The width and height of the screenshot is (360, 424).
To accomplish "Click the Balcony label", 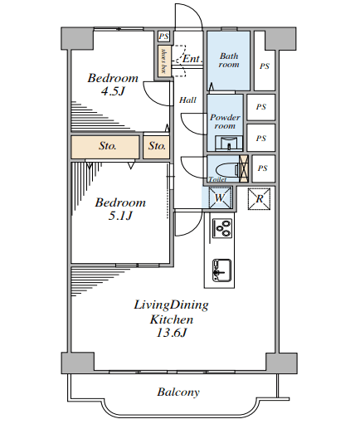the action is click(x=178, y=392).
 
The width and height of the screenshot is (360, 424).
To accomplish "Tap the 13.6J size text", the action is click(x=172, y=333).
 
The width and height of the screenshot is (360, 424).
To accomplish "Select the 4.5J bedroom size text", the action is click(x=113, y=91).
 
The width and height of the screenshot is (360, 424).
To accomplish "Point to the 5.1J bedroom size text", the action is click(x=120, y=216).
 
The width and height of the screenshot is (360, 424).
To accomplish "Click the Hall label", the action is click(x=187, y=100).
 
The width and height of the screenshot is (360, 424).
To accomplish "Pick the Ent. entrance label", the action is click(x=192, y=59).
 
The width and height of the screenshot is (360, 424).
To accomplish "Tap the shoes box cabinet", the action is click(x=163, y=61).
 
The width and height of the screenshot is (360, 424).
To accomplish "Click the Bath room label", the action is click(x=229, y=60).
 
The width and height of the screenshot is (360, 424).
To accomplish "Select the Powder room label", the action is click(x=225, y=121).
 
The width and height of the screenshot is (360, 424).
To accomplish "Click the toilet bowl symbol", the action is click(x=227, y=170).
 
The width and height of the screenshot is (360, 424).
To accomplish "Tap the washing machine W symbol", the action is click(x=220, y=197).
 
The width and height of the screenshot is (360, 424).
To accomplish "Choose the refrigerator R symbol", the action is click(x=259, y=199).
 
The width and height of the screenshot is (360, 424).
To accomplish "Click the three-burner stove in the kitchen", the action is click(x=222, y=227).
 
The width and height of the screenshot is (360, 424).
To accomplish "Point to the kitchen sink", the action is click(x=221, y=270).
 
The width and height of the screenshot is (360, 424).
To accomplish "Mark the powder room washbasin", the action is click(x=229, y=144).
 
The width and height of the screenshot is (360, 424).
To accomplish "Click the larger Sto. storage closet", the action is click(x=105, y=147).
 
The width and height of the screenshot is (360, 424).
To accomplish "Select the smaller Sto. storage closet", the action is click(x=157, y=147).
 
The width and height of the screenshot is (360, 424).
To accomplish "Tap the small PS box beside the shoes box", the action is click(x=163, y=37).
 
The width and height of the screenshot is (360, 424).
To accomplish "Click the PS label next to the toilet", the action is click(x=263, y=168).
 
